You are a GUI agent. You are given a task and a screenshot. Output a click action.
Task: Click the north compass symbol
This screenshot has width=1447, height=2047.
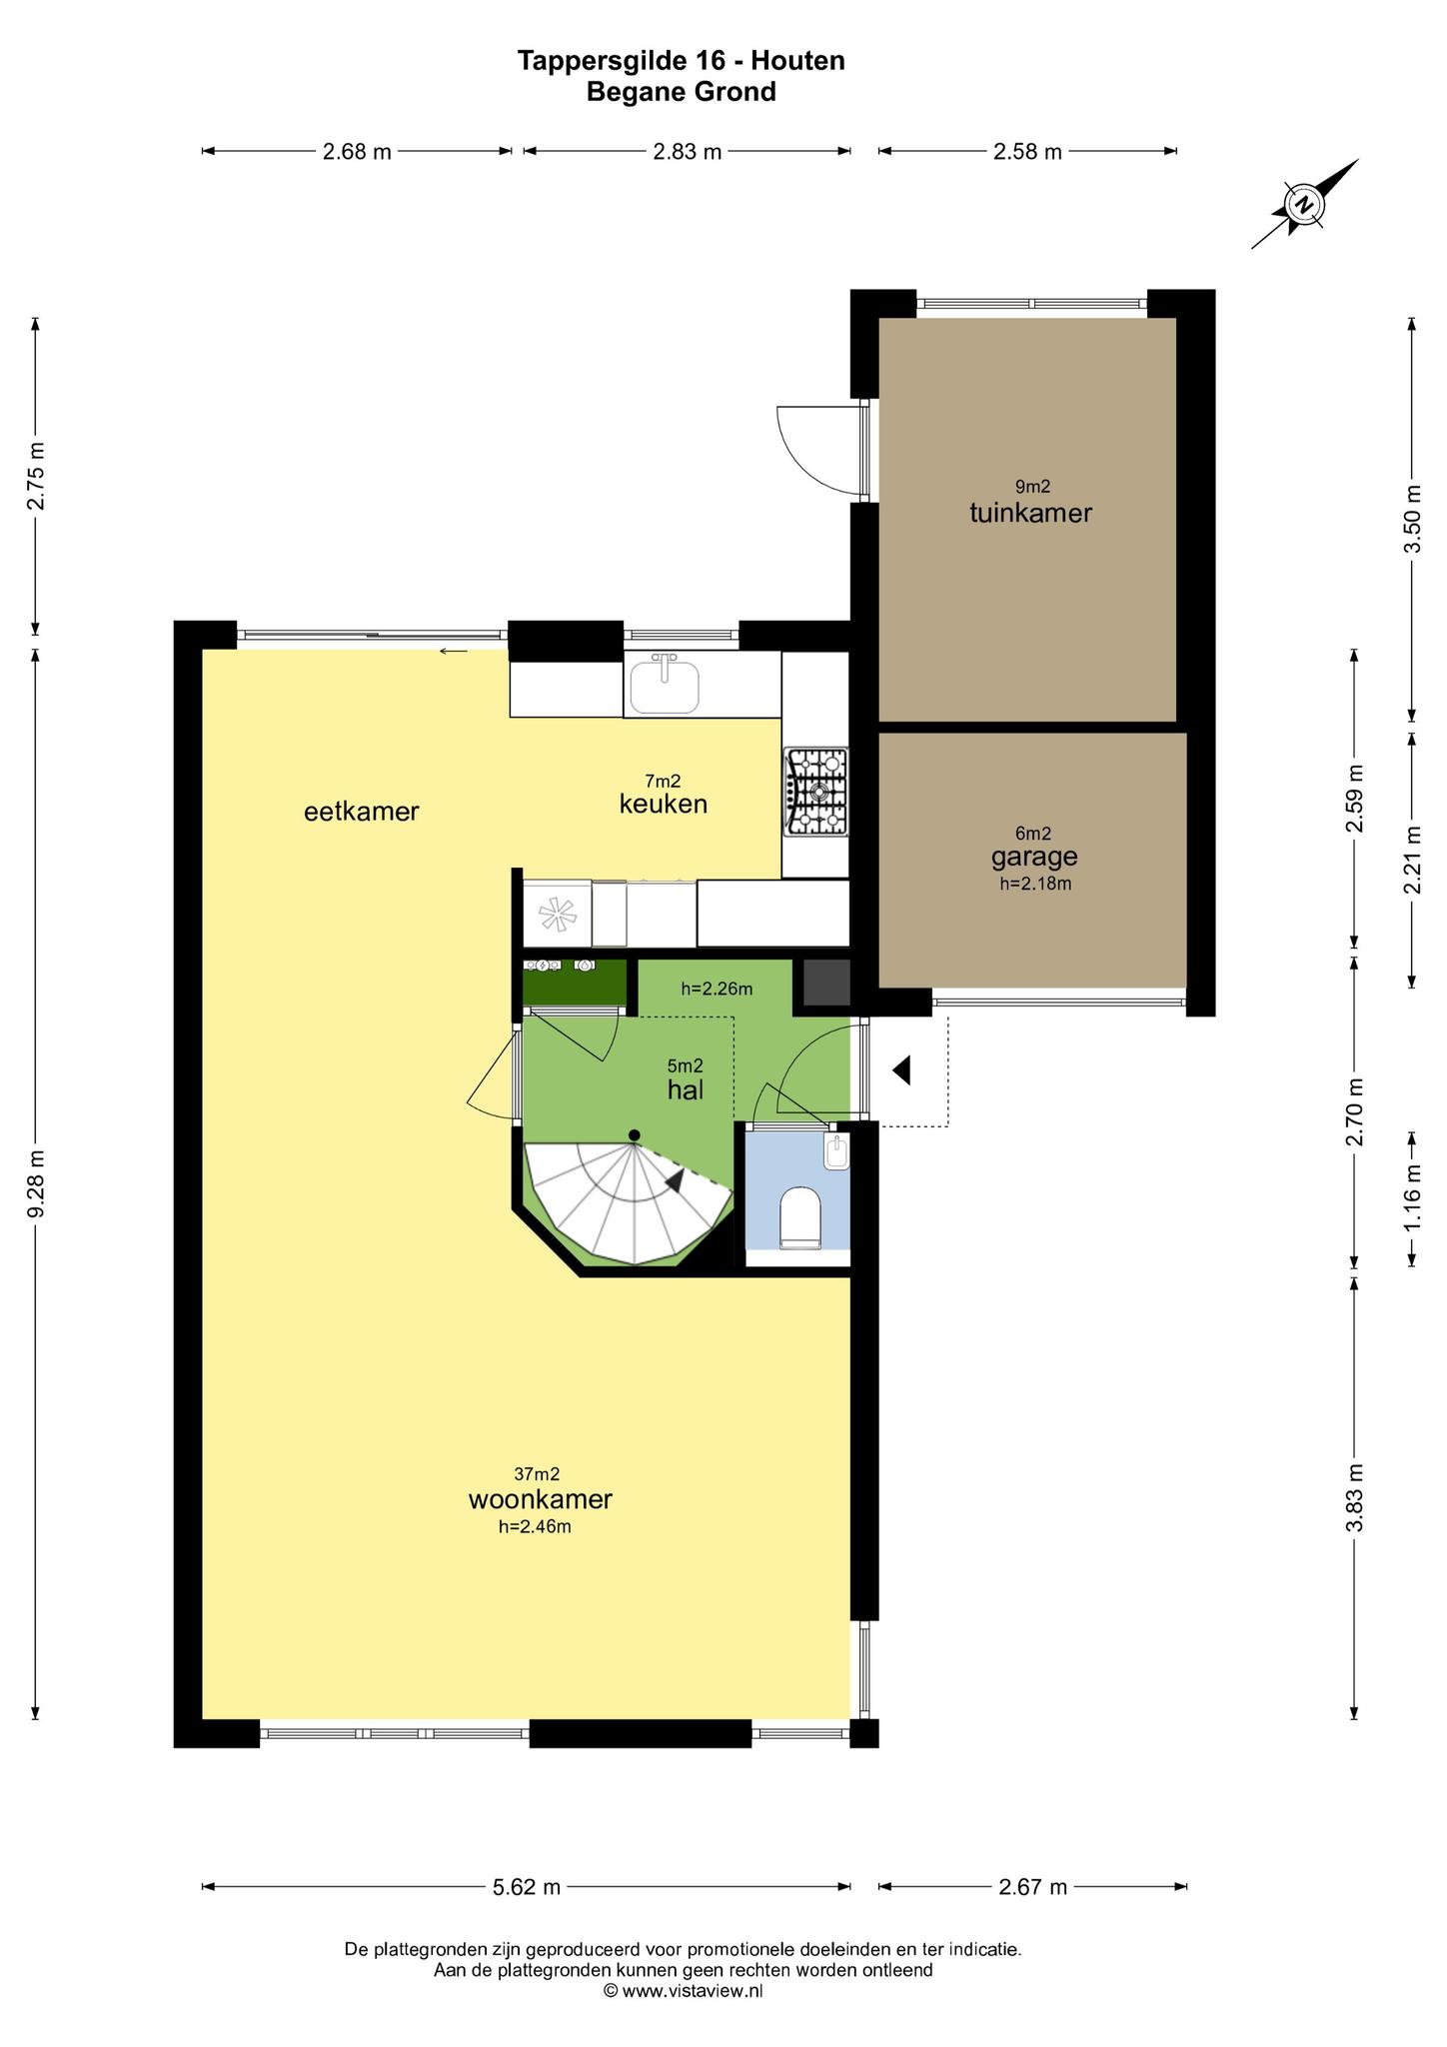[1305, 204]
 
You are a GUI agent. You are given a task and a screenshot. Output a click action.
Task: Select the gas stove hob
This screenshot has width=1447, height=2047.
[815, 792]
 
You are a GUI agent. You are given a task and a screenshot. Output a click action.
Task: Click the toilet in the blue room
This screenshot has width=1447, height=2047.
[799, 1217]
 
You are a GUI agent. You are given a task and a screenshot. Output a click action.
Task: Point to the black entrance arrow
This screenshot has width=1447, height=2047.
[901, 1070]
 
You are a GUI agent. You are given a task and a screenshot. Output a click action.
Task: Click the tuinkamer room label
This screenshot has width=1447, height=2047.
[1030, 513]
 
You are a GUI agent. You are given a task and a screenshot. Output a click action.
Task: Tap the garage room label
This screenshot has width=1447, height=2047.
[1034, 857]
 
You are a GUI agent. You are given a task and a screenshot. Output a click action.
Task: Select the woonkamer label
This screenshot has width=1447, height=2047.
[540, 1499]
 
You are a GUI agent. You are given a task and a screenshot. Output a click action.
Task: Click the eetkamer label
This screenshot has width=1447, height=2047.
[361, 812]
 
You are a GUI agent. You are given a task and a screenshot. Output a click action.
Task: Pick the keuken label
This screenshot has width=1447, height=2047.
[664, 804]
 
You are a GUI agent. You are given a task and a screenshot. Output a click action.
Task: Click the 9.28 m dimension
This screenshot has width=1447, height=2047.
[36, 1184]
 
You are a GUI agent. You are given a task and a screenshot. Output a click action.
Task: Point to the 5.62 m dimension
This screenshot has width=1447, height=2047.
[527, 1887]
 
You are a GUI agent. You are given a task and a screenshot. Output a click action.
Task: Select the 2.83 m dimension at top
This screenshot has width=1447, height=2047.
[687, 152]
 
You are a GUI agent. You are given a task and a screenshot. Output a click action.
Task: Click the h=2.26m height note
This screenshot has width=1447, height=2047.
[717, 990]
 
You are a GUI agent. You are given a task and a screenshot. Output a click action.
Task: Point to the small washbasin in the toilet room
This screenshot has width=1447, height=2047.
[836, 1153]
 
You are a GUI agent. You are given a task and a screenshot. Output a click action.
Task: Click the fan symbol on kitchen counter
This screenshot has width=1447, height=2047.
[557, 913]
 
